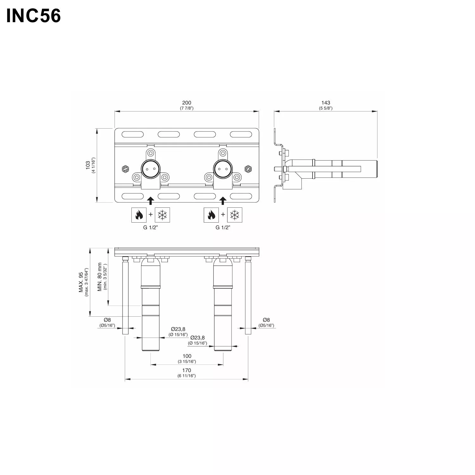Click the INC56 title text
click(34, 16)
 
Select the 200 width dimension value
click(187, 103)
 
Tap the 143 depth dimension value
click(326, 103)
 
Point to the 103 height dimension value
click(88, 165)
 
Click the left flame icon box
click(139, 215)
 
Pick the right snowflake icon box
click(235, 215)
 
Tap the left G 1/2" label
click(150, 227)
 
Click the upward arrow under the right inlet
click(223, 200)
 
